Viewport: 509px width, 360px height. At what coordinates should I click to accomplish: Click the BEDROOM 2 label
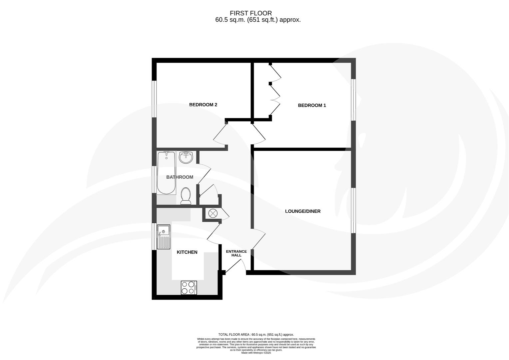pyautogui.click(x=203, y=105)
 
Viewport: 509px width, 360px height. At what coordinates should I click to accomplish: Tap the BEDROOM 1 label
pyautogui.click(x=312, y=105)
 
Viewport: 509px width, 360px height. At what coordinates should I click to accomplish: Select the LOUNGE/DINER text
pyautogui.click(x=302, y=211)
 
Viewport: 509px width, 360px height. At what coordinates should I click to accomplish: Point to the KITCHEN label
pyautogui.click(x=187, y=252)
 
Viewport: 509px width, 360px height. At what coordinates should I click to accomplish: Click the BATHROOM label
pyautogui.click(x=180, y=177)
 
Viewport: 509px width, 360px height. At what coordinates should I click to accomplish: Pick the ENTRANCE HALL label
pyautogui.click(x=236, y=253)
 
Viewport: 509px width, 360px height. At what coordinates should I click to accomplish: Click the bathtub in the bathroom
pyautogui.click(x=166, y=173)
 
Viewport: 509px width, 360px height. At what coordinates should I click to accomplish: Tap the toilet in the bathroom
pyautogui.click(x=186, y=196)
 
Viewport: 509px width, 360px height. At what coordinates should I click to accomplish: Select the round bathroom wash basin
pyautogui.click(x=186, y=157)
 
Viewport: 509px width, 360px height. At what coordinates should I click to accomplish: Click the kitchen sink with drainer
pyautogui.click(x=164, y=237)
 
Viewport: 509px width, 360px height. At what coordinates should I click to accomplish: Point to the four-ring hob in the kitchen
pyautogui.click(x=189, y=288)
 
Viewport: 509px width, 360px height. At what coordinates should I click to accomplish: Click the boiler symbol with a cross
pyautogui.click(x=212, y=213)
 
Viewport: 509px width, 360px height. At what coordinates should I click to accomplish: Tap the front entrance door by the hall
pyautogui.click(x=236, y=266)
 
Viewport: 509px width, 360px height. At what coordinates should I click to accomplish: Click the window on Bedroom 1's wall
pyautogui.click(x=354, y=100)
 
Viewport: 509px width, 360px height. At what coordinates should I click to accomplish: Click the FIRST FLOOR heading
pyautogui.click(x=257, y=13)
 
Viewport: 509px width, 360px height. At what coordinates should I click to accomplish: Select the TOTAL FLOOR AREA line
pyautogui.click(x=256, y=334)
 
